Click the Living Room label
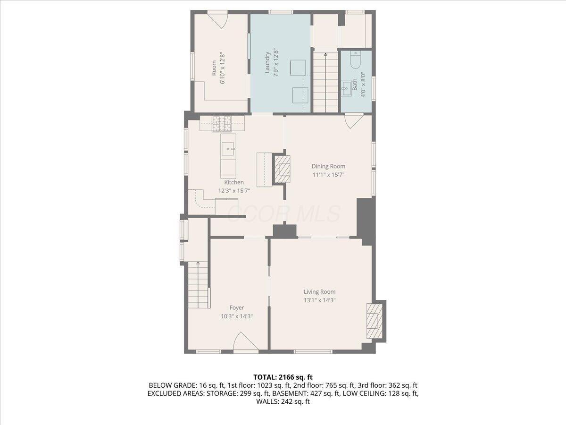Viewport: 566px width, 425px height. tap(319, 292)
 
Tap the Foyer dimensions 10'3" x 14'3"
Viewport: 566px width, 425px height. tap(237, 316)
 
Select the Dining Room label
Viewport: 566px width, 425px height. tap(328, 166)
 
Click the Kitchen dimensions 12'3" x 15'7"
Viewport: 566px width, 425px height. tap(234, 191)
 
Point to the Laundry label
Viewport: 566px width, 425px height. tap(267, 63)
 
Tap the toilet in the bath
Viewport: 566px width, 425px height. tap(356, 60)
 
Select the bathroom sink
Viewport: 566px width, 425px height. tap(347, 87)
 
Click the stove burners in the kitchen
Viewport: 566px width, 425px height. tap(222, 123)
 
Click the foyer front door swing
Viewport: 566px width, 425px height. tap(246, 342)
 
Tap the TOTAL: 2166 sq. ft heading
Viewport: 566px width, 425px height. tap(283, 377)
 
